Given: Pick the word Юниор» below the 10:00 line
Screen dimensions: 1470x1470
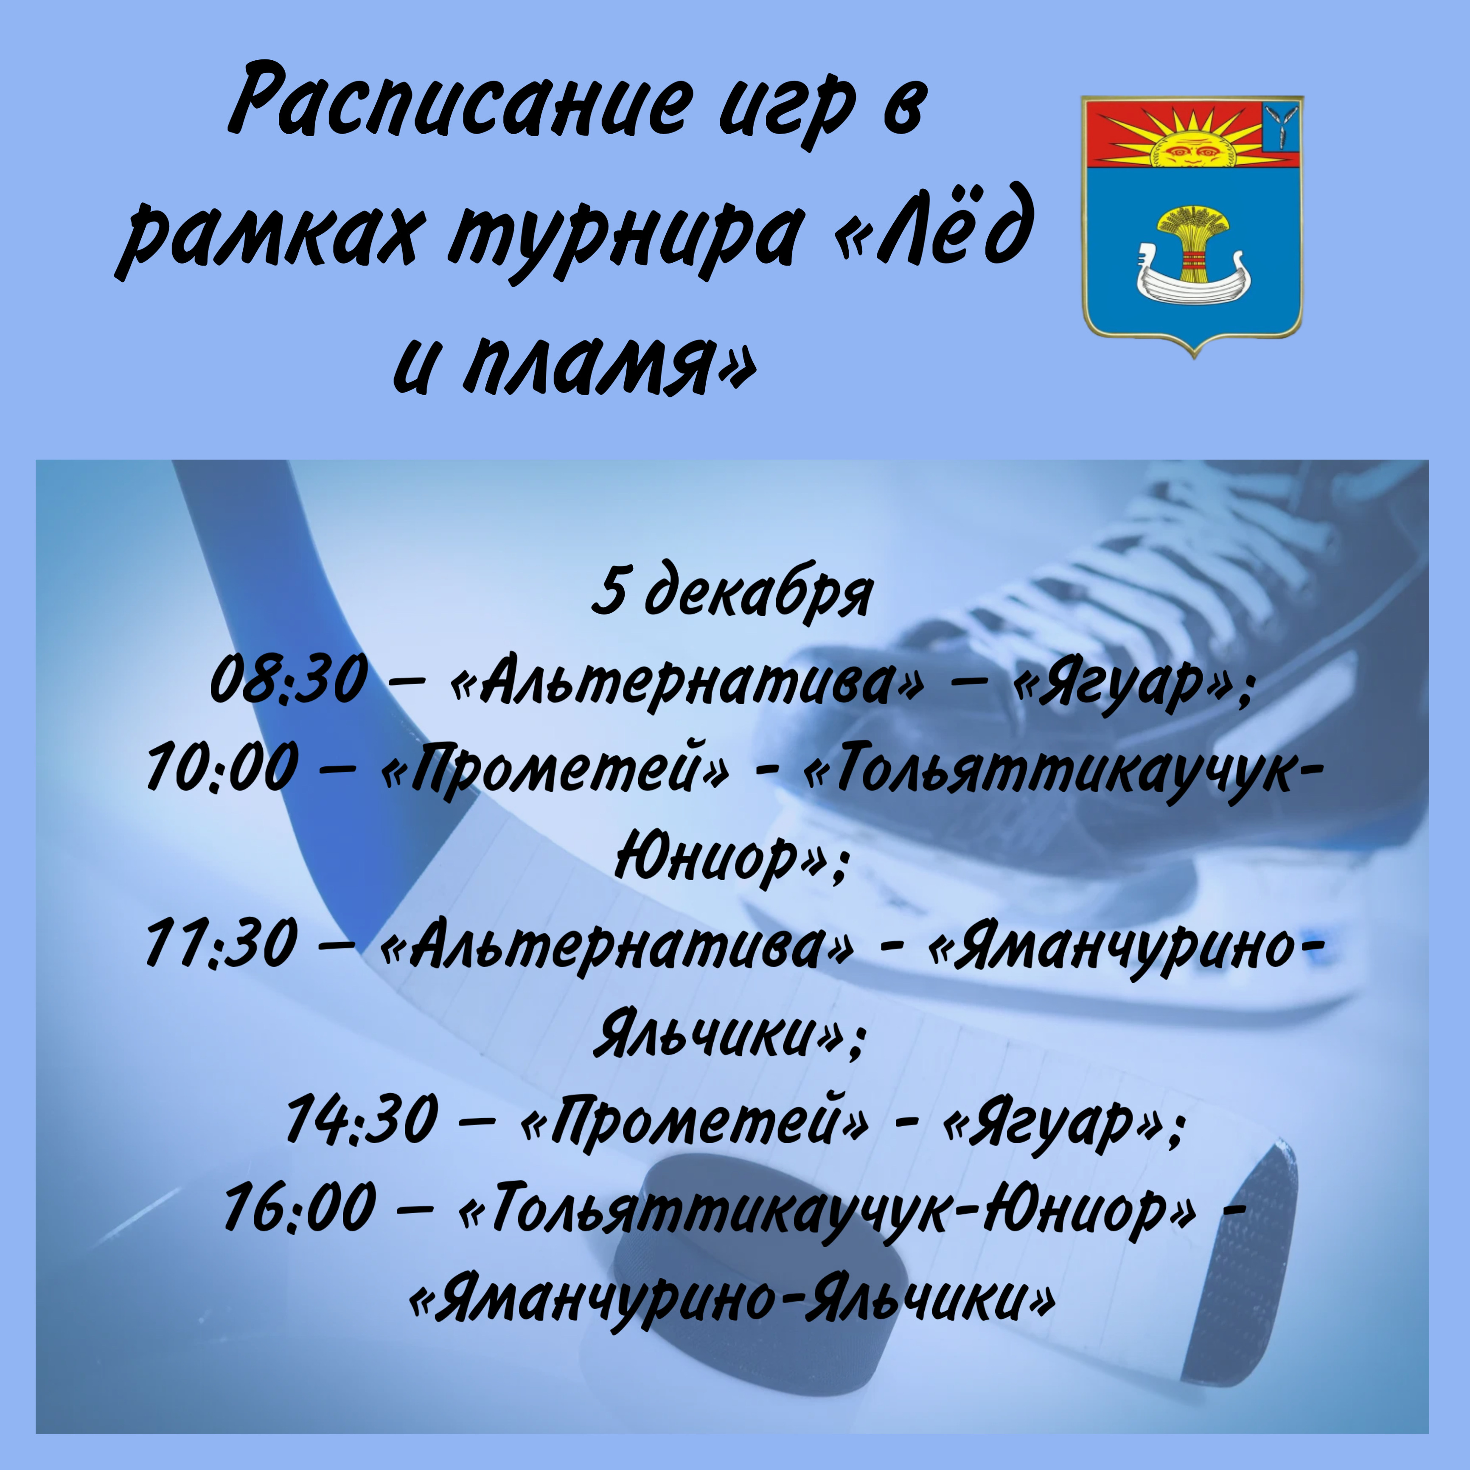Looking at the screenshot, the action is tap(730, 858).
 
